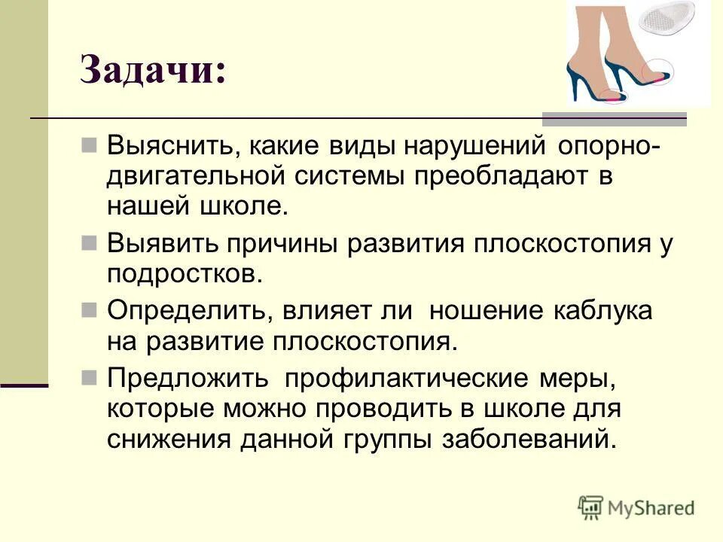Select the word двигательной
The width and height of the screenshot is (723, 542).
[x=197, y=176]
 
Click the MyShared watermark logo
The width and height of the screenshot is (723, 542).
[x=636, y=507]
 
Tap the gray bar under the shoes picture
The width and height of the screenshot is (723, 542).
[x=614, y=118]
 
